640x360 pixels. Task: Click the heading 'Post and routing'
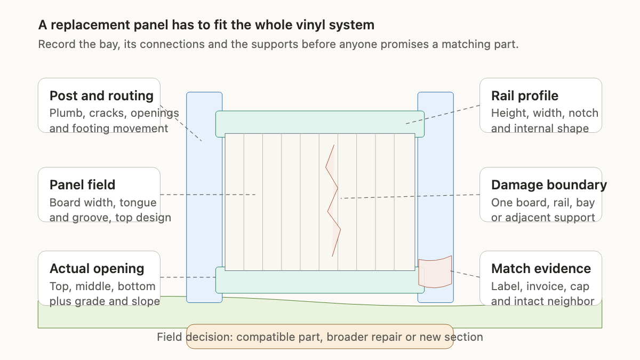101,95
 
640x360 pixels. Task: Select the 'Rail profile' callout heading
525,95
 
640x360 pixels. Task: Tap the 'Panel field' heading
82,185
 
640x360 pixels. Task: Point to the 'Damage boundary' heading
549,185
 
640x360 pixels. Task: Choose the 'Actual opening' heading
97,269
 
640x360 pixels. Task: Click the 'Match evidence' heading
541,269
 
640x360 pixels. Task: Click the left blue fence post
204,197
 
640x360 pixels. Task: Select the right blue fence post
435,197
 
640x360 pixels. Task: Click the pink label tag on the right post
435,271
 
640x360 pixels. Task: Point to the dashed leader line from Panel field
207,195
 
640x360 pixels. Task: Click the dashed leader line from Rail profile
443,115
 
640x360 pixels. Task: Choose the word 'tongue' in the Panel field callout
138,203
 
